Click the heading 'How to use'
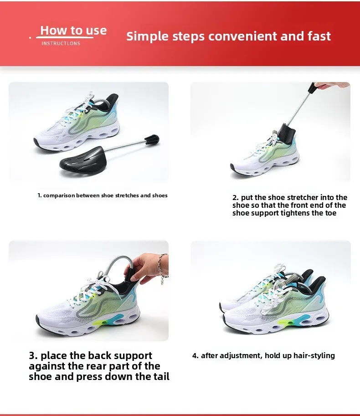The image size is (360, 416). [x=73, y=30]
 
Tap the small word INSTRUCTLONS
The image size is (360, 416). [x=61, y=43]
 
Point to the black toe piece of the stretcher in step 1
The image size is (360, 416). [x=83, y=159]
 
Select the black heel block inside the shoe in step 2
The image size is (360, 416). [x=286, y=134]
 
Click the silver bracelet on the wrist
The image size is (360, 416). [x=163, y=269]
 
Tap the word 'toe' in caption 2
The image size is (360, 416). [x=331, y=213]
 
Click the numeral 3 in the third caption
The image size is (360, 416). [x=32, y=355]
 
